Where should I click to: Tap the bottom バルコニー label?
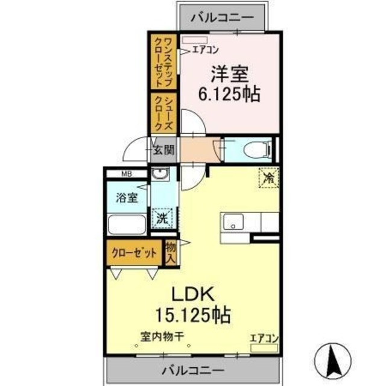click(x=193, y=370)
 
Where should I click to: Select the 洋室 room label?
click(x=229, y=75)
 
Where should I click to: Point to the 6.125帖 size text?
click(x=230, y=95)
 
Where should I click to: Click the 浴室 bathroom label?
click(x=127, y=197)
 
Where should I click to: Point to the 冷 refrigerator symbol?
click(x=268, y=177)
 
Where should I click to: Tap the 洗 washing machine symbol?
click(x=161, y=217)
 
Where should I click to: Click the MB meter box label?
click(x=126, y=175)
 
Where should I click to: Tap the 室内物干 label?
click(x=163, y=338)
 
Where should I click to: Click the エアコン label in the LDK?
click(x=263, y=338)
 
